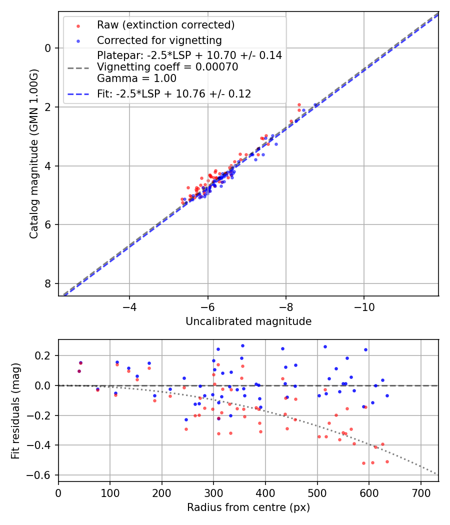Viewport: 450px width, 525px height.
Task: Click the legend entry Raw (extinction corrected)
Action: point(166,25)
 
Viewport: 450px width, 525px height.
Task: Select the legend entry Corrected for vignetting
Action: point(159,40)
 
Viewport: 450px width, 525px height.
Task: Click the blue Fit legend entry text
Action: point(174,93)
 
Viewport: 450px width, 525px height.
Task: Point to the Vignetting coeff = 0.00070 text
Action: point(167,67)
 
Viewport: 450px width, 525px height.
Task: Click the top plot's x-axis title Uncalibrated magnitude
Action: point(248,321)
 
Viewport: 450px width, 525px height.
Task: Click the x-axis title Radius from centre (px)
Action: point(248,507)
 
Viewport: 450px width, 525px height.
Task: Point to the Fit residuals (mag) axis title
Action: point(16,410)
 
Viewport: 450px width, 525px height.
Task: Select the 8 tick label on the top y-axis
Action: point(48,283)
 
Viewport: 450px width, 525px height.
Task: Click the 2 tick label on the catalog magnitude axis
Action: point(48,107)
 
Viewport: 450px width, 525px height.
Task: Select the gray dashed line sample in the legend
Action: point(78,67)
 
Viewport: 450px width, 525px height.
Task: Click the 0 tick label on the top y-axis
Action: point(48,48)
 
